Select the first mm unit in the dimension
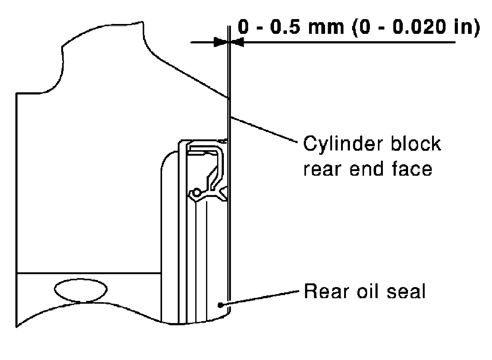(326, 28)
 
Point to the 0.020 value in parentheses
(415, 27)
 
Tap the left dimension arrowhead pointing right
(221, 42)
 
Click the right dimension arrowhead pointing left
(238, 42)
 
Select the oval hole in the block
(81, 289)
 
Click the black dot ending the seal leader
(220, 305)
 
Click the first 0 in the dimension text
(243, 27)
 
